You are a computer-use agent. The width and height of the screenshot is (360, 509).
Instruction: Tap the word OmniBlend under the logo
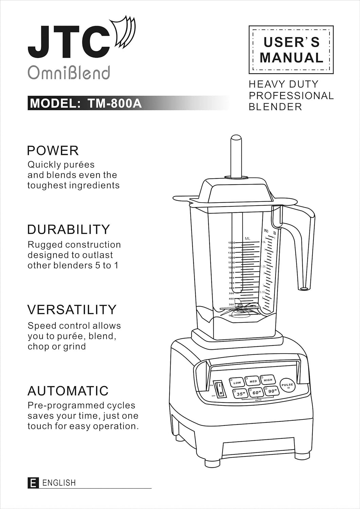(69, 72)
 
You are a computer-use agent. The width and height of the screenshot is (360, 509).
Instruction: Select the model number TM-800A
(114, 103)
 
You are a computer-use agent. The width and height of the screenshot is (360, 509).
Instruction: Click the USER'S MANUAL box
(291, 50)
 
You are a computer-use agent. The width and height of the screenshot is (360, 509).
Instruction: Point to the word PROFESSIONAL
(291, 95)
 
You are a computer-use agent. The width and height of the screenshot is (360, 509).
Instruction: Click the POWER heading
(53, 150)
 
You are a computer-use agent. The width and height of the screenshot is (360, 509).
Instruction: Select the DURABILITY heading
(68, 229)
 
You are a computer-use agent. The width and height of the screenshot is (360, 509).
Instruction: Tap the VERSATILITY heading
(72, 309)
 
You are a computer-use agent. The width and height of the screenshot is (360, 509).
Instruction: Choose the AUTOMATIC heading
(68, 391)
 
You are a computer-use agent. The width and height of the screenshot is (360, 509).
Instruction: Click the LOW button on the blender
(237, 382)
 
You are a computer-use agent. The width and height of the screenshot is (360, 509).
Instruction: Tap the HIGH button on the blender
(268, 380)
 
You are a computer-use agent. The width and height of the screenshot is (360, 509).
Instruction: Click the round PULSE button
(287, 385)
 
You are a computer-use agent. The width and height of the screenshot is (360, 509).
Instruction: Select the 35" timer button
(240, 394)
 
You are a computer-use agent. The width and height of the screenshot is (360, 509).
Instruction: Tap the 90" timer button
(271, 391)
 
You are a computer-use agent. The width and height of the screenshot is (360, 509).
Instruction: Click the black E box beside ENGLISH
(33, 483)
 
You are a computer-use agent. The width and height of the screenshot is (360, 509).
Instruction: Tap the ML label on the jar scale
(247, 239)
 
